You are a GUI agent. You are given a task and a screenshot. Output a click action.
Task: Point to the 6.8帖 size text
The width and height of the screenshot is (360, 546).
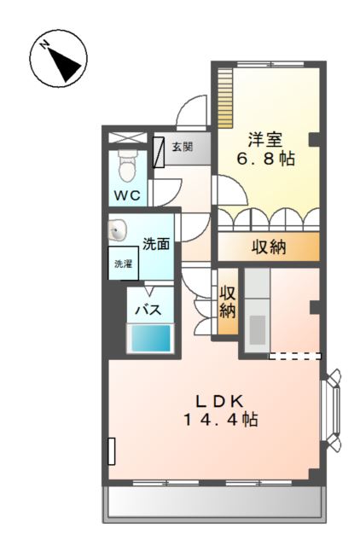tap(266, 160)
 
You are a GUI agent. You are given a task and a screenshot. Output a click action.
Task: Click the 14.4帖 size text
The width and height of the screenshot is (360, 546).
tap(220, 420)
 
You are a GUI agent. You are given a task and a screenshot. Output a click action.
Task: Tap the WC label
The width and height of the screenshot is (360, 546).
tap(128, 195)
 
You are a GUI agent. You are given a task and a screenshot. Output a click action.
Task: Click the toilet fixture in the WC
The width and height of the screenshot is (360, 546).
tap(129, 166)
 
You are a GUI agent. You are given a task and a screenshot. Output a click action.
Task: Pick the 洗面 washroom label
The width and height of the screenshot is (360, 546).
tap(155, 243)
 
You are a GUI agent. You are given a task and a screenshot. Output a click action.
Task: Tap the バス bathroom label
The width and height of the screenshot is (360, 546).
tap(150, 309)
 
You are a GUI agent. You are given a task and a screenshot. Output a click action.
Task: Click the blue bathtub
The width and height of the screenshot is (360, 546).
tap(150, 338)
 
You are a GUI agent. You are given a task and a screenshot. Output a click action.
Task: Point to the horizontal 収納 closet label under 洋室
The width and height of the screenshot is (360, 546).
tap(269, 247)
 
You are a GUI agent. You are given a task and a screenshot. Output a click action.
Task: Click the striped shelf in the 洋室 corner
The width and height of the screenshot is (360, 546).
tap(225, 96)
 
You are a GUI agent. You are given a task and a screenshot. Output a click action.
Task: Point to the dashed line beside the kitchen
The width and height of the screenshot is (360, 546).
tap(295, 355)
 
